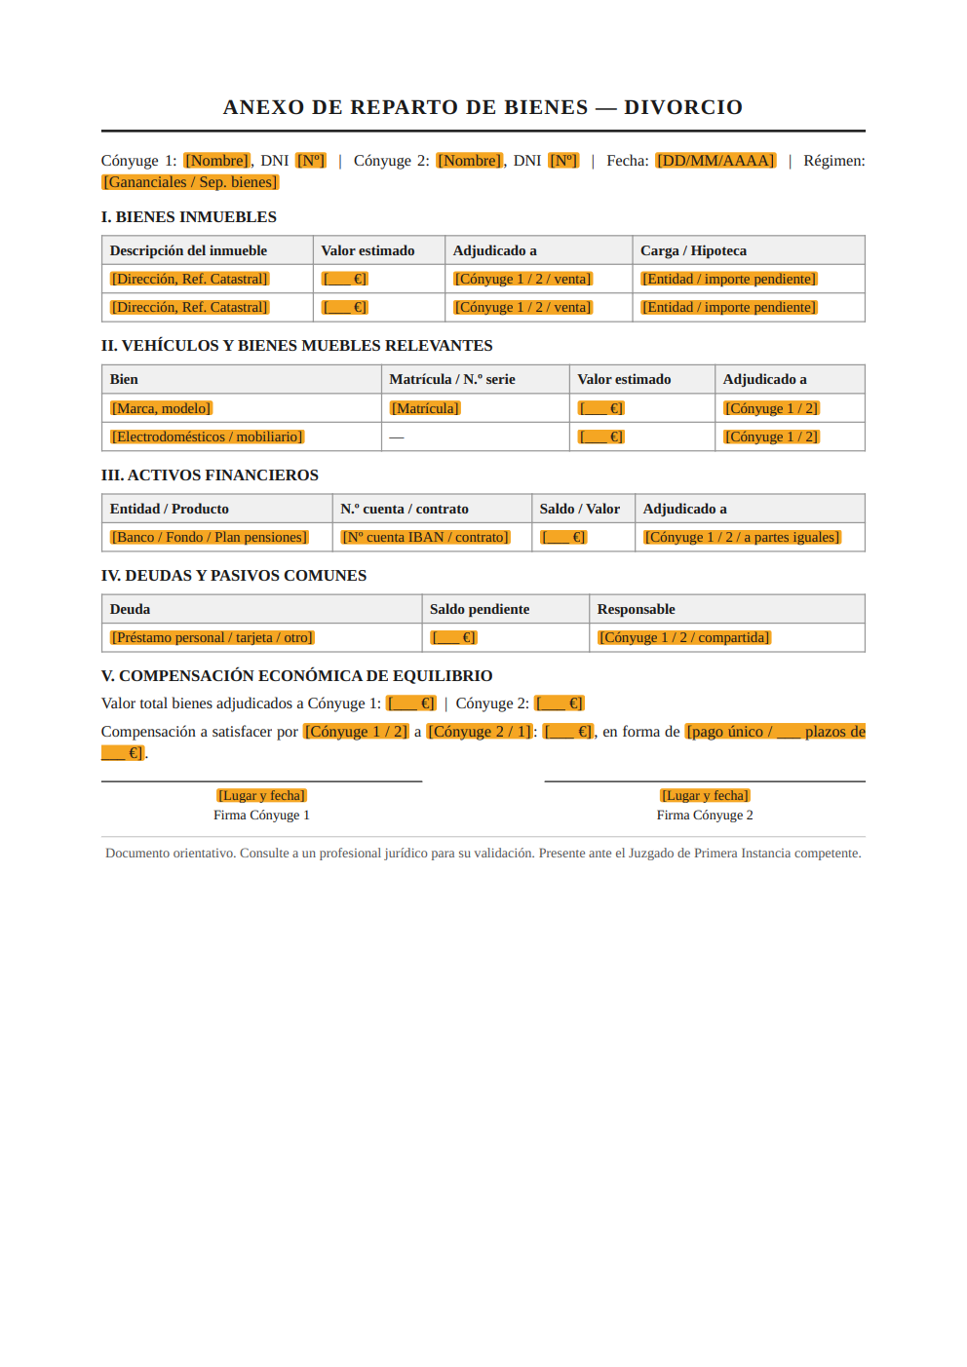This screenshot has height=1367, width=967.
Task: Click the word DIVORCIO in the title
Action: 683,107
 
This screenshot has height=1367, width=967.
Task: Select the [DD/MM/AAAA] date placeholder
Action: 716,161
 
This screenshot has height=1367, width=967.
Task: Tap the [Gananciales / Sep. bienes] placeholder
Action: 190,182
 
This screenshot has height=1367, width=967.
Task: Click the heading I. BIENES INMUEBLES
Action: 189,217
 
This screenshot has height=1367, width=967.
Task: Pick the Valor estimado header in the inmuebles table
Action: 367,250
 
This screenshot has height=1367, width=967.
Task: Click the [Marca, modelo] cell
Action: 161,408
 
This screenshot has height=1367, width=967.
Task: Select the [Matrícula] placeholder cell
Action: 425,408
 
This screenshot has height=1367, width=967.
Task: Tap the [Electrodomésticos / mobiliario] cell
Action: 208,437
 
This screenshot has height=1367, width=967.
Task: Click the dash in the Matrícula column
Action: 397,437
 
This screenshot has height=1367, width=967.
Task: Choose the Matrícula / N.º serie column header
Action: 452,379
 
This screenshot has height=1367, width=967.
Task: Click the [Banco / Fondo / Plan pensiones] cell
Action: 210,537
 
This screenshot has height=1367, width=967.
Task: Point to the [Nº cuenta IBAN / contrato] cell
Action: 425,537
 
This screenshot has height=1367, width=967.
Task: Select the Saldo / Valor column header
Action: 580,509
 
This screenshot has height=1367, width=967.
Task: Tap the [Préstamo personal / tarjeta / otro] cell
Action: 212,637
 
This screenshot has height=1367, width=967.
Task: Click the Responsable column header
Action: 636,609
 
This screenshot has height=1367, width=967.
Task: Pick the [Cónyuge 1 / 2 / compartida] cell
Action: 684,637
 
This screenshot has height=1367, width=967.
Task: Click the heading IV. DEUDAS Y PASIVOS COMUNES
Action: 234,576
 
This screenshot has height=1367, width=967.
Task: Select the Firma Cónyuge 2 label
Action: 705,816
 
